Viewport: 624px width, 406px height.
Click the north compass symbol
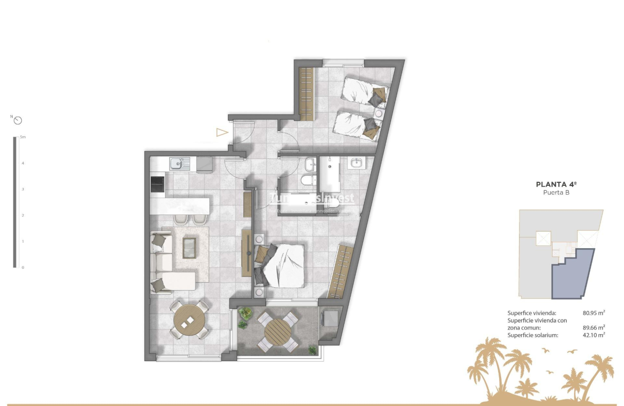(18, 120)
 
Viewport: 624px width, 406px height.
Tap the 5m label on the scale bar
(22, 137)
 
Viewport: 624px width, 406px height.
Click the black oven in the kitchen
(157, 184)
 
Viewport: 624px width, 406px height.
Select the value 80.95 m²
(594, 313)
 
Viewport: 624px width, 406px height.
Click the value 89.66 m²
(594, 328)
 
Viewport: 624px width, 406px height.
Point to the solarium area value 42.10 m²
(594, 335)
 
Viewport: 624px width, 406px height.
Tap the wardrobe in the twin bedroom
(307, 94)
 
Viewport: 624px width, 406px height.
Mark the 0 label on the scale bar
(22, 268)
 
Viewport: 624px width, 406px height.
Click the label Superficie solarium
(533, 335)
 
